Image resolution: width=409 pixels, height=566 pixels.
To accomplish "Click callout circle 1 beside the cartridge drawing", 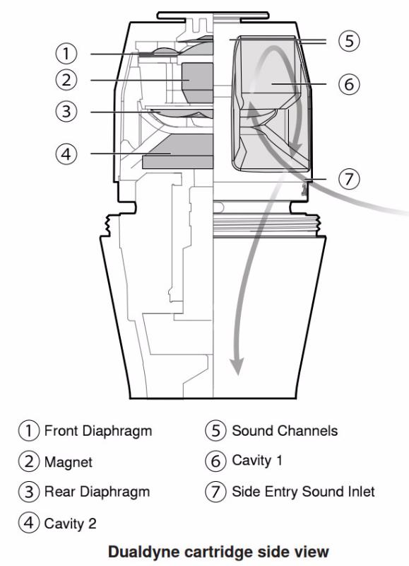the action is coord(66,54).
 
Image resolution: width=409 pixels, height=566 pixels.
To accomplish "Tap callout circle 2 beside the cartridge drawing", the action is coord(66,80).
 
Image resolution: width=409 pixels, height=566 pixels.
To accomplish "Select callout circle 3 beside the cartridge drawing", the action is coord(66,112).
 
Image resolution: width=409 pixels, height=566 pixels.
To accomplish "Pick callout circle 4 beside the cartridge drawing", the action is coord(66,154).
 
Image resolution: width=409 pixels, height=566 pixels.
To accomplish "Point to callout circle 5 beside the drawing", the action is coord(349,40).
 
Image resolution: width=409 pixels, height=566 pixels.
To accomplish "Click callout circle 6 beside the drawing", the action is coord(349,84).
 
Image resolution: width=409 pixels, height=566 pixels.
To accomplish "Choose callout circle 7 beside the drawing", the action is coord(349,179).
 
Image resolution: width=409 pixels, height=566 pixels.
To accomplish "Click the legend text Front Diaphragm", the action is coord(98,432).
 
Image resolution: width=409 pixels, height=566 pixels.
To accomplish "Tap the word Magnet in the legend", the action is coord(68,462).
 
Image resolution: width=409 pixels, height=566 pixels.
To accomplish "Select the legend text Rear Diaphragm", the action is coord(97,492).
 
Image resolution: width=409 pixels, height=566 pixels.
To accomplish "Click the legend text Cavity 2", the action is coord(70,524).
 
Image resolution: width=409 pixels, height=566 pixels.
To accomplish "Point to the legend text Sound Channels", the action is coord(285,431).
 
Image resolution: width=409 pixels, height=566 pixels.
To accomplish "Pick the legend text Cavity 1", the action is coord(257,461).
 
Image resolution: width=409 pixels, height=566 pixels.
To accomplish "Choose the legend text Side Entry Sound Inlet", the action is coord(304,492).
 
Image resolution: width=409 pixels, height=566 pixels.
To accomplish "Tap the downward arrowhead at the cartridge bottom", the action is coord(237,366).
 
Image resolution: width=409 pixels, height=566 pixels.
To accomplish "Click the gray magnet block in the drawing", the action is coord(197,83).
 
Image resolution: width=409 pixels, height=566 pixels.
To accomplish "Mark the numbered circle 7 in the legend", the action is coord(215,492).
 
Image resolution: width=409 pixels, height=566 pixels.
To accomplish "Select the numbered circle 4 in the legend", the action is coord(29,523).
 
